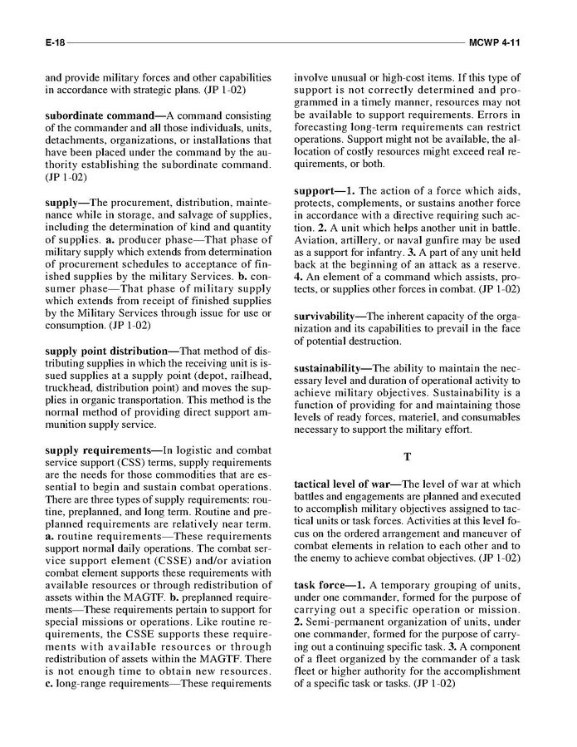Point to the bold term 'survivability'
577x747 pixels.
(327, 316)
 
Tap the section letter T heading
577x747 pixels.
(407, 457)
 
